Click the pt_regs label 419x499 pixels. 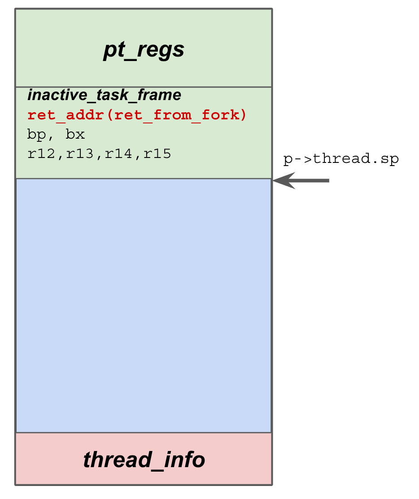144,50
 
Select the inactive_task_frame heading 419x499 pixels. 104,95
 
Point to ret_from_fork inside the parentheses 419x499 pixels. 178,115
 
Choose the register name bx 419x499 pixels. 75,135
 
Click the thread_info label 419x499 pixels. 144,460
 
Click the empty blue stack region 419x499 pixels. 144,305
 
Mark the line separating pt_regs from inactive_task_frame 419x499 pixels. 144,87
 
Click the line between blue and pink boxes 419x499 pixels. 144,433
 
